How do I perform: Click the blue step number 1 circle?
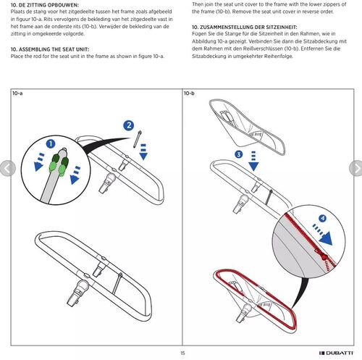click(x=51, y=144)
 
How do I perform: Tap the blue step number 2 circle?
click(x=129, y=125)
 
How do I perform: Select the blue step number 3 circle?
click(x=239, y=154)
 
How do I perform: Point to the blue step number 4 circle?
click(x=323, y=219)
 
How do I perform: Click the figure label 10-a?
click(x=17, y=93)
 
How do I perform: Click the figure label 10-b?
click(x=189, y=93)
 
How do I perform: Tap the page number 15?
click(x=182, y=353)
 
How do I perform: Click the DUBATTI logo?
click(x=336, y=353)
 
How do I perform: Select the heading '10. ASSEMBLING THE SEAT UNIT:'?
click(x=50, y=49)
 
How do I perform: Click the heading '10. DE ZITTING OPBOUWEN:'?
click(x=45, y=5)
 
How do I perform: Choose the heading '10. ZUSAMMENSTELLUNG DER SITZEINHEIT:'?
click(x=245, y=27)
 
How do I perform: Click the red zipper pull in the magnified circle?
click(x=322, y=255)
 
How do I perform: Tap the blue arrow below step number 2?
click(x=143, y=152)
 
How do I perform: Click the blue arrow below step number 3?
click(x=253, y=162)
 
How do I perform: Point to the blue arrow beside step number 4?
click(x=323, y=235)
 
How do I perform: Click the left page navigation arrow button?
click(x=7, y=168)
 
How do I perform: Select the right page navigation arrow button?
click(x=356, y=168)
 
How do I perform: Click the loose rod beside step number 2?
click(x=137, y=139)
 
